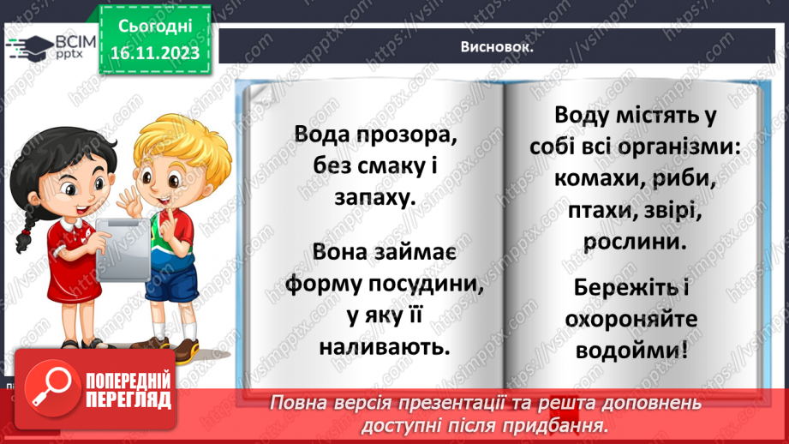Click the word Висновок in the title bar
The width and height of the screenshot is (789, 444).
point(496,47)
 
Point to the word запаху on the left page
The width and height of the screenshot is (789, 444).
point(362,196)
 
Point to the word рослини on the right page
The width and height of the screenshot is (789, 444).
point(635,243)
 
